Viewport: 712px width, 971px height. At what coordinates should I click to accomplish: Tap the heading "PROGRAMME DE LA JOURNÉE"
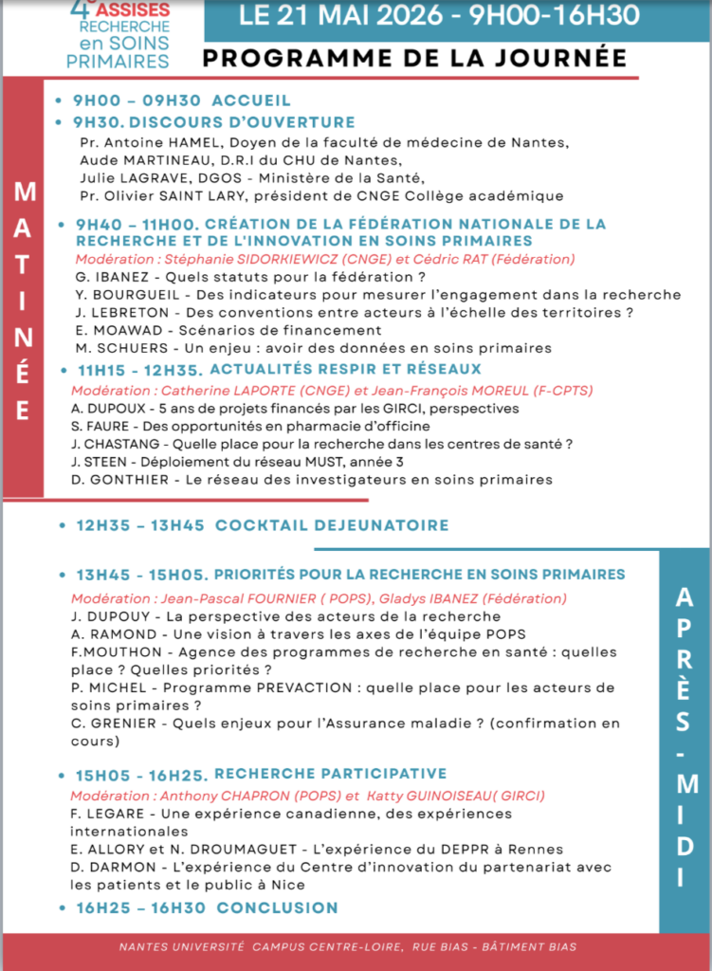pos(414,58)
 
